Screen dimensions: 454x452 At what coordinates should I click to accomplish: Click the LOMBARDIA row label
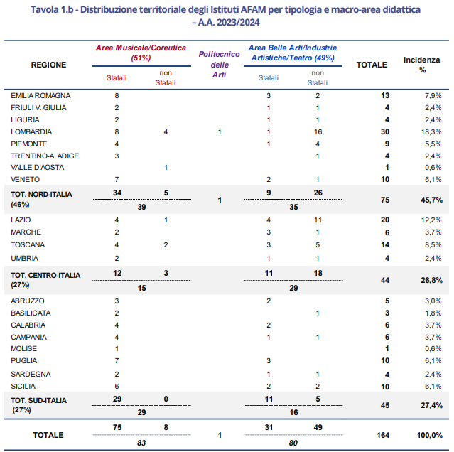31,132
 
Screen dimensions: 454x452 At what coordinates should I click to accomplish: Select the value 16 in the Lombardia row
318,132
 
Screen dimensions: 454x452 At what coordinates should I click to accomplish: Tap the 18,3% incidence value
431,132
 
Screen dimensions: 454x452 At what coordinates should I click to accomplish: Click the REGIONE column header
48,65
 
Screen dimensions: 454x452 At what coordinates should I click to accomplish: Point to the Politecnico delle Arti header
219,65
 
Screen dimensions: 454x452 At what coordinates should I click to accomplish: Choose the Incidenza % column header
422,65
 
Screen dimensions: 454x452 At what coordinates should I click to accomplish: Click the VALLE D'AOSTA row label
38,167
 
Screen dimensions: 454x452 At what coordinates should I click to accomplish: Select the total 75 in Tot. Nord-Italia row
385,200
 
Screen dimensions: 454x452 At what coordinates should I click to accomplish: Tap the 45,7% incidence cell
431,200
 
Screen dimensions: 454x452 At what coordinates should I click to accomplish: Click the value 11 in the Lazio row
318,220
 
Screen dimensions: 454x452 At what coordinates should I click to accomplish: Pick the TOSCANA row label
28,245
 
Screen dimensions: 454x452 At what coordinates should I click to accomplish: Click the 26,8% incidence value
431,280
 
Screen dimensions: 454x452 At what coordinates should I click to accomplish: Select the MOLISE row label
23,349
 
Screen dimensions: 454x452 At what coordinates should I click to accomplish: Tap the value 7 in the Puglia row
117,361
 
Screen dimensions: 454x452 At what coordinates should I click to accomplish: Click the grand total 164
383,435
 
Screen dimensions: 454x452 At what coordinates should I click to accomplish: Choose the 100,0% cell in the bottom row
430,435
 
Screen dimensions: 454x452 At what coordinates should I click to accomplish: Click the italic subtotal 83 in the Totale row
141,443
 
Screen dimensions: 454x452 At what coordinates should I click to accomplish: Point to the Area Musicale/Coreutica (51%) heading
141,53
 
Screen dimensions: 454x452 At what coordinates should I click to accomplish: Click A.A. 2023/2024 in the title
229,22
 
